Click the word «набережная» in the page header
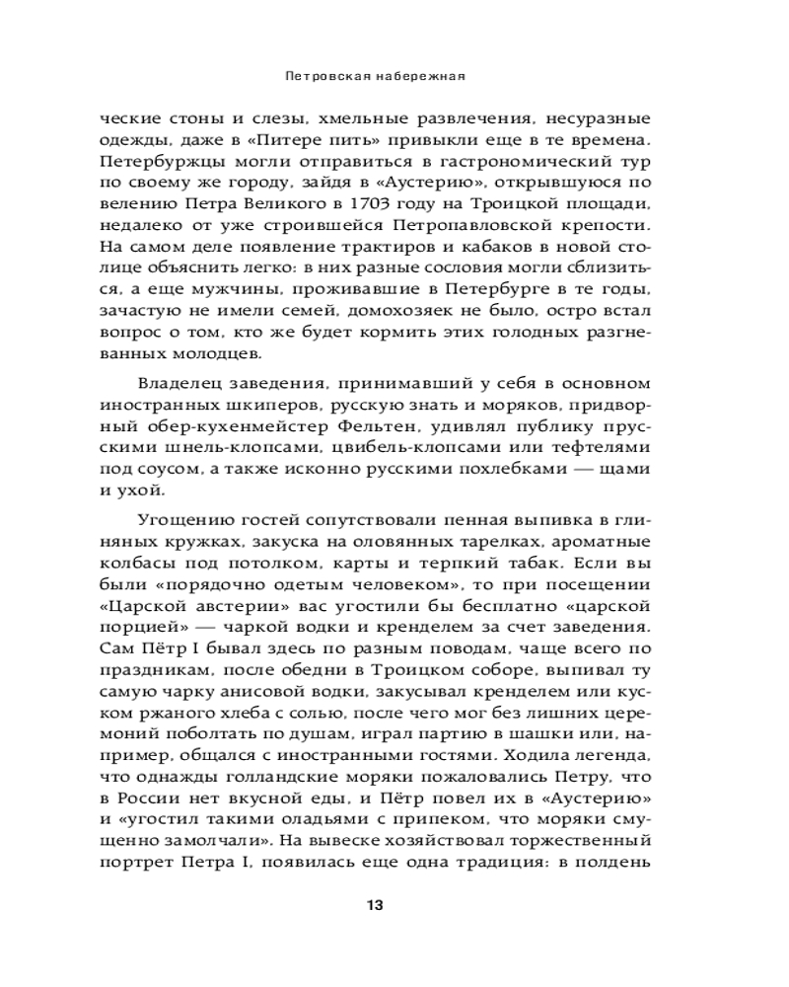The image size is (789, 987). pyautogui.click(x=426, y=74)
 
